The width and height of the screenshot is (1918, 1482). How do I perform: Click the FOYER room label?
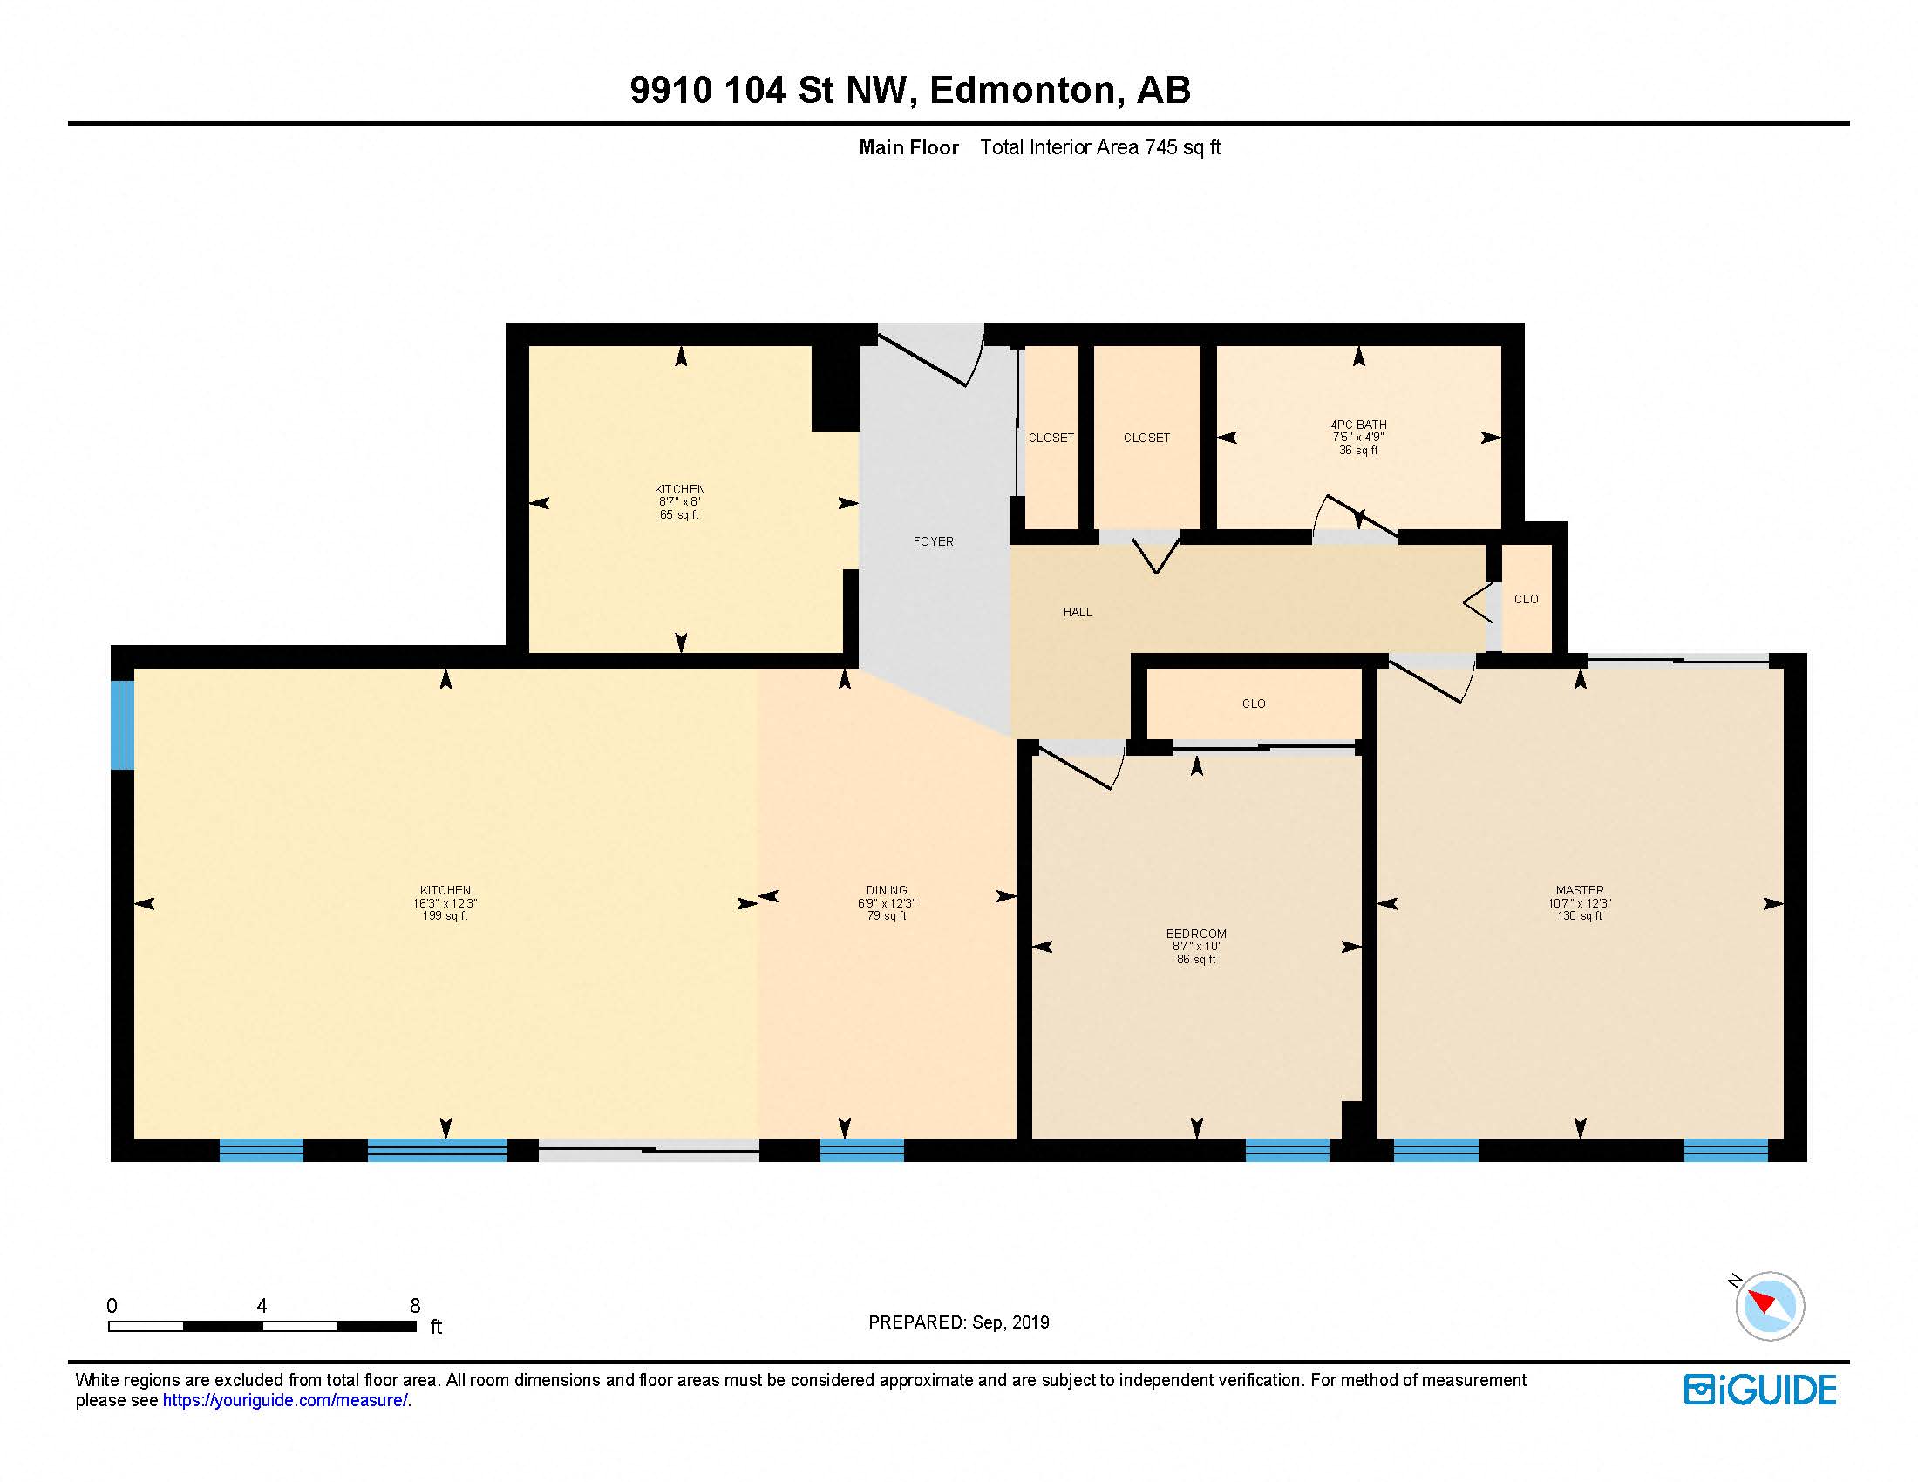tap(933, 541)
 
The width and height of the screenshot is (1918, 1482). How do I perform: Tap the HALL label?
tap(1078, 612)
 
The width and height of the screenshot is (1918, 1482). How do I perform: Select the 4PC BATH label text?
tap(1357, 425)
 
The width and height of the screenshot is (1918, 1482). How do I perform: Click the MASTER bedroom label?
tap(1579, 890)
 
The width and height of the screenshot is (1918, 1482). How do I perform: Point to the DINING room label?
tap(886, 890)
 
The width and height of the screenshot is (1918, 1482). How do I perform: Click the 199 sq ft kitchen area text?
tap(445, 915)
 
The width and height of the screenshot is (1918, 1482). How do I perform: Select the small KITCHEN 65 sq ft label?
tap(679, 501)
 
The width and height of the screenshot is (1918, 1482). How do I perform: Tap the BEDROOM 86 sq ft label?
tap(1196, 946)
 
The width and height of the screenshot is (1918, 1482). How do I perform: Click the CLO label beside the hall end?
tap(1526, 599)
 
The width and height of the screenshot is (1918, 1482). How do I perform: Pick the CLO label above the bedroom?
tap(1253, 704)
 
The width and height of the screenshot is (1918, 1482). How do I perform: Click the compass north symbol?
tap(1769, 1306)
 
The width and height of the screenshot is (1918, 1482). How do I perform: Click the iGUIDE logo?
tap(1759, 1390)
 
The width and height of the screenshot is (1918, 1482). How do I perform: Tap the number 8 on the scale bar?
tap(414, 1306)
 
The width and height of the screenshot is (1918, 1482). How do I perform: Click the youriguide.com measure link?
tap(284, 1400)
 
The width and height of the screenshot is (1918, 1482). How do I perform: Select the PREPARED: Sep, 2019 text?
tap(958, 1322)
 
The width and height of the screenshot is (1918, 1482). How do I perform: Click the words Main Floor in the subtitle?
tap(908, 147)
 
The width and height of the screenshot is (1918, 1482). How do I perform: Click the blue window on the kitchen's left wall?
tap(123, 724)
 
